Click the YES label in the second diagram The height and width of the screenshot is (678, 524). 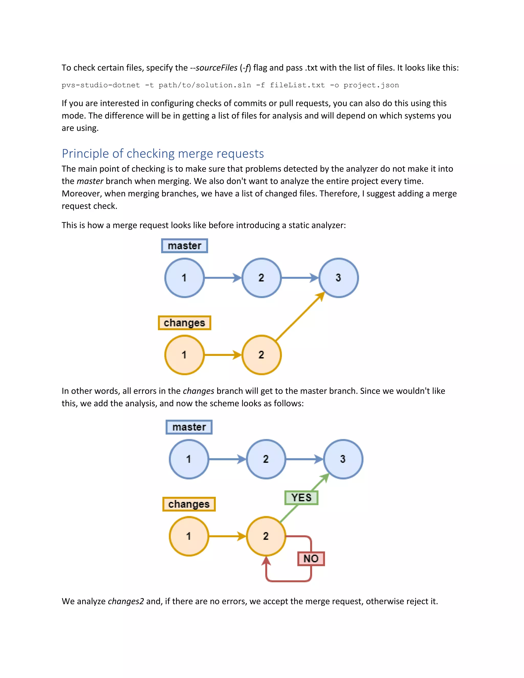[301, 498]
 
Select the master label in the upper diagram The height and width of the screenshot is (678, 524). [184, 246]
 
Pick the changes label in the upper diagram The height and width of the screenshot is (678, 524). [184, 323]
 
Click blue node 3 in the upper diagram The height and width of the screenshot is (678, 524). [338, 278]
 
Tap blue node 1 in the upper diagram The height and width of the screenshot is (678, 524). [184, 278]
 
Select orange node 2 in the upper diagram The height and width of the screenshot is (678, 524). [261, 355]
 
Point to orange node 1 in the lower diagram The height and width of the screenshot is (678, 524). [189, 536]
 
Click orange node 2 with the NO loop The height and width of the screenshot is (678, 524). [266, 536]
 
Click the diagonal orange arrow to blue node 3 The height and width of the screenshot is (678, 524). [300, 317]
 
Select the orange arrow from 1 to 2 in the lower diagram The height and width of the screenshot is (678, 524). [227, 536]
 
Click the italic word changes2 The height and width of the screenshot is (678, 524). [126, 601]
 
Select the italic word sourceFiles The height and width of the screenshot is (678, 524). [216, 68]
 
